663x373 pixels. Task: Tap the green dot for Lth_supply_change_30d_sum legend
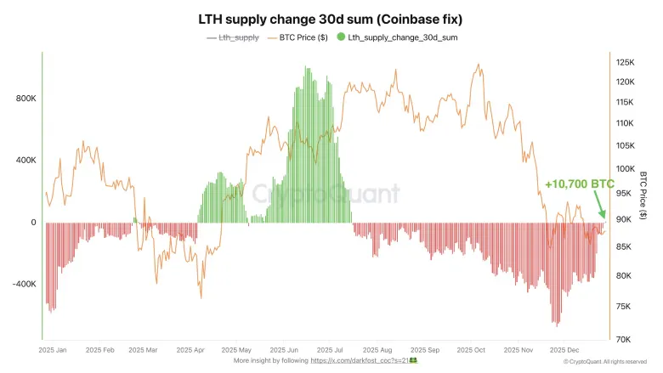tap(341, 37)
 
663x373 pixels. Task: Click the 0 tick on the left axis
tap(32, 223)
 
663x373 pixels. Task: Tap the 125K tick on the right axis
tap(626, 62)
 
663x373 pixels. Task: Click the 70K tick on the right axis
tap(624, 339)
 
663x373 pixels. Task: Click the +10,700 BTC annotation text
tap(580, 184)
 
